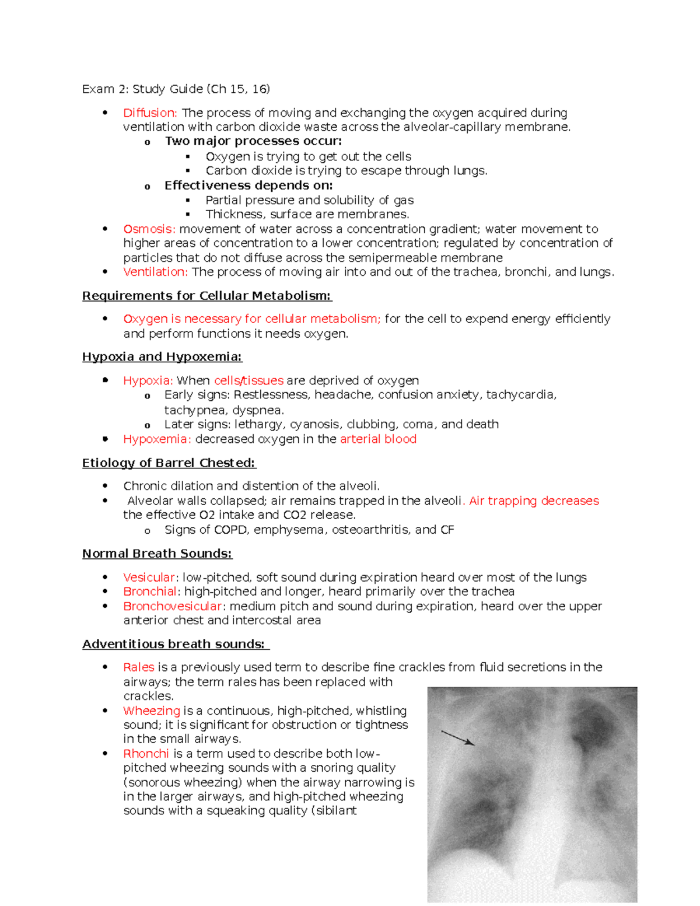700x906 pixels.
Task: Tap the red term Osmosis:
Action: (149, 229)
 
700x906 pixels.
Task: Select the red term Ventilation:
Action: (155, 272)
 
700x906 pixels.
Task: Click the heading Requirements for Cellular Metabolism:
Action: (206, 296)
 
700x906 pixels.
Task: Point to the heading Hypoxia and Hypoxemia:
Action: (162, 356)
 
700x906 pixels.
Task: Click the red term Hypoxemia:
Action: (156, 439)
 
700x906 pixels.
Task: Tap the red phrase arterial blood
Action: (378, 439)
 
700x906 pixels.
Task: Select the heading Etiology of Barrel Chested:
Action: (169, 463)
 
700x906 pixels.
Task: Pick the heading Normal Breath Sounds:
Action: (157, 554)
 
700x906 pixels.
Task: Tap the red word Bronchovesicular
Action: (173, 606)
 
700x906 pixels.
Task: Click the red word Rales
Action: (138, 667)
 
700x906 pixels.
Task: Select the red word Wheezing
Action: (151, 711)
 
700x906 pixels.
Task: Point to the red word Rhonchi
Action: (146, 754)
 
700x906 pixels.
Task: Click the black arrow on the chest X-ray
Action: (458, 738)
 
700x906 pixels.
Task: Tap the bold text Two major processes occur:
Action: (253, 141)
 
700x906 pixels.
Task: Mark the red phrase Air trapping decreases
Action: (534, 501)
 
